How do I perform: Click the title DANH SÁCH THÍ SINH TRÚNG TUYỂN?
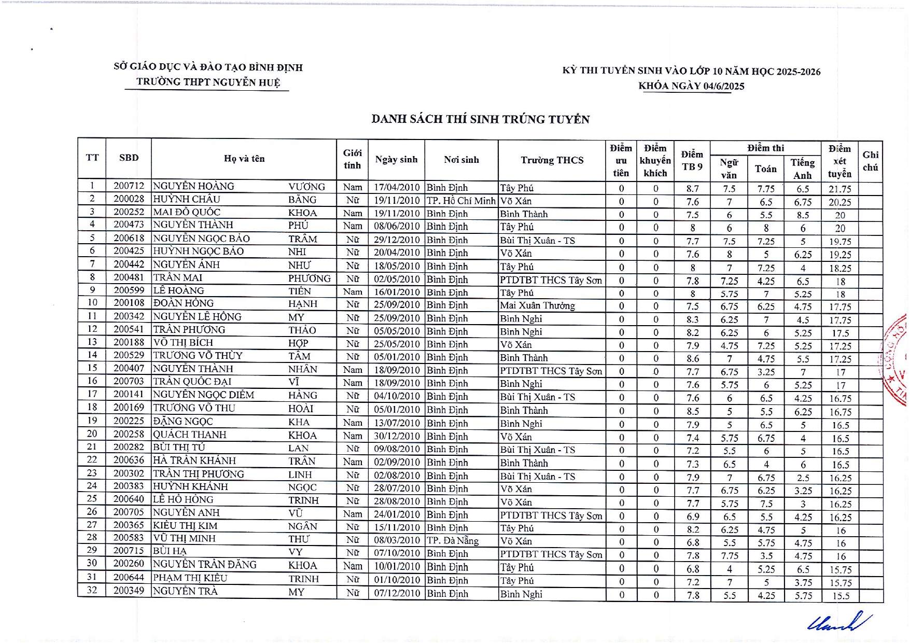[x=480, y=119]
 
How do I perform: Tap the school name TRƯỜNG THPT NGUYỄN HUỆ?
[x=208, y=82]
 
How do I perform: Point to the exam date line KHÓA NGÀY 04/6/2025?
[x=691, y=86]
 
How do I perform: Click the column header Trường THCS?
[x=552, y=160]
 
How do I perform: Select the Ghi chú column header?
[x=870, y=161]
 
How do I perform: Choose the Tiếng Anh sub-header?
[x=802, y=169]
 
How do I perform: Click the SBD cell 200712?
[x=129, y=186]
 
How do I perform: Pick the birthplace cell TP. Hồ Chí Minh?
[x=461, y=201]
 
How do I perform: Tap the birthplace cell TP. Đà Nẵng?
[x=452, y=540]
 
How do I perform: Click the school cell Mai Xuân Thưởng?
[x=537, y=305]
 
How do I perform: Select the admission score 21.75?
[x=839, y=189]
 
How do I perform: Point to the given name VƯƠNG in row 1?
[x=306, y=187]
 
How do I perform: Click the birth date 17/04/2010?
[x=397, y=187]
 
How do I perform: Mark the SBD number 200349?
[x=129, y=590]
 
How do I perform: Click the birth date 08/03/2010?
[x=397, y=540]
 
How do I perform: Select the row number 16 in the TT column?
[x=92, y=382]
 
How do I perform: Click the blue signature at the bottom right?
[x=839, y=622]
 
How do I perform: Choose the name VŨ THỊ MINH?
[x=184, y=538]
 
